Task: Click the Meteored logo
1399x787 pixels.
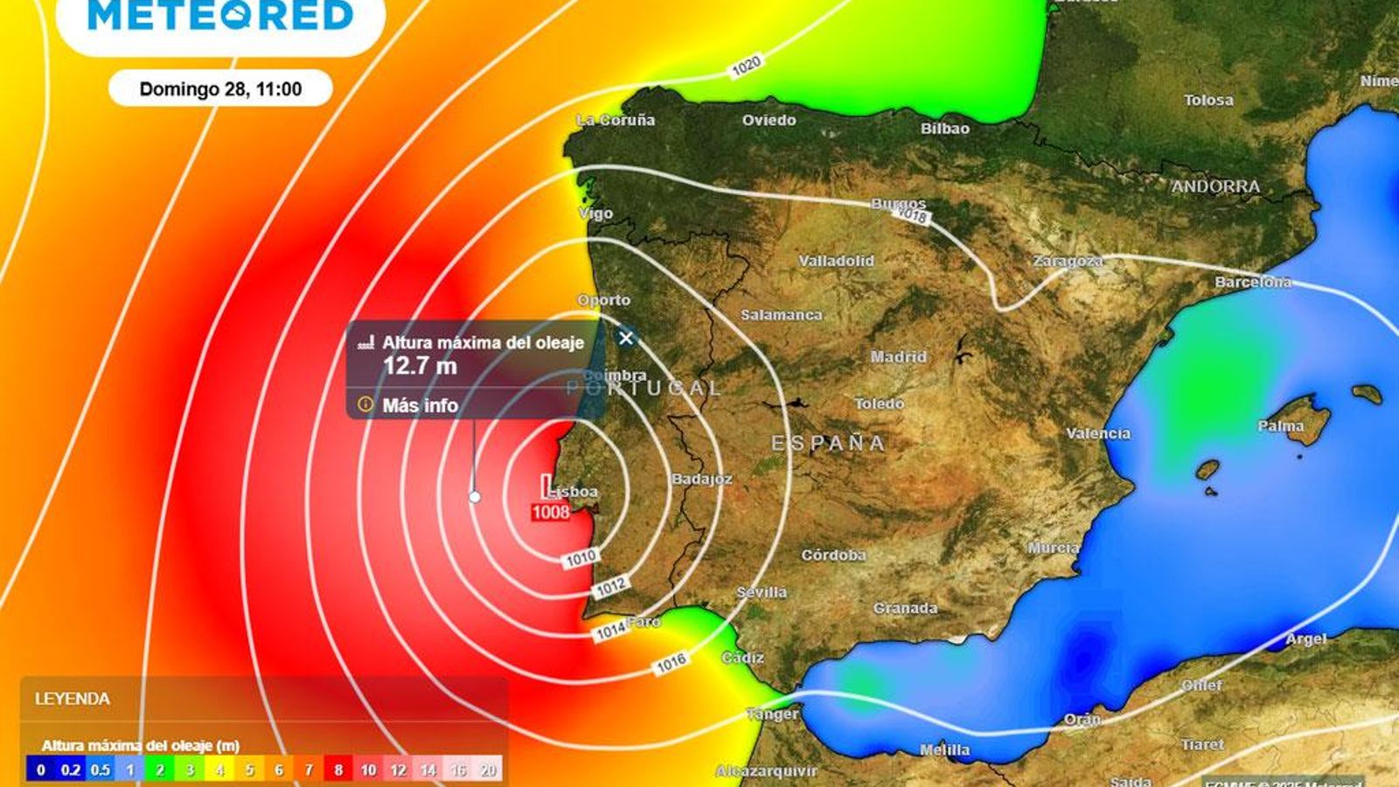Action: (x=220, y=16)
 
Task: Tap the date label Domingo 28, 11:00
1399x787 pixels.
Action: (x=220, y=89)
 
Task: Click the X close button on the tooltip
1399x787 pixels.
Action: (x=625, y=338)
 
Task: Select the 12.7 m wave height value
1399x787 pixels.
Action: (x=420, y=366)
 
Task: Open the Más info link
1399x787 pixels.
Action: (x=420, y=406)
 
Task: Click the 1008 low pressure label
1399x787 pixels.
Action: (x=551, y=512)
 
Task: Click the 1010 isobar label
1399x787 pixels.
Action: (x=581, y=557)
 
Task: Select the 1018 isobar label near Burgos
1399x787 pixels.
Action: (x=912, y=215)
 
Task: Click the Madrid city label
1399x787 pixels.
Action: (x=898, y=357)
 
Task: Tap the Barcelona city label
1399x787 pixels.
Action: (x=1252, y=282)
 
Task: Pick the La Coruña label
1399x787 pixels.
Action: (x=616, y=121)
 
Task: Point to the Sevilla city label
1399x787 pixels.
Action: (x=761, y=593)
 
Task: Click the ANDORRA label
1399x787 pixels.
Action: (x=1215, y=186)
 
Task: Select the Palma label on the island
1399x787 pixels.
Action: (x=1280, y=427)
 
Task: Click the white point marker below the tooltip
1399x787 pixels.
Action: (x=475, y=497)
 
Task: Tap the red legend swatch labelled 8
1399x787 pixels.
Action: (x=338, y=770)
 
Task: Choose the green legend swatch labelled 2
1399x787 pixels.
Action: (x=160, y=770)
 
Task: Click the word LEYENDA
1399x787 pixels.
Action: (x=73, y=699)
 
